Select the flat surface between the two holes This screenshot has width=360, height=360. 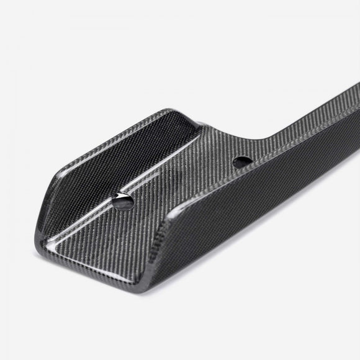pyautogui.click(x=186, y=183)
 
